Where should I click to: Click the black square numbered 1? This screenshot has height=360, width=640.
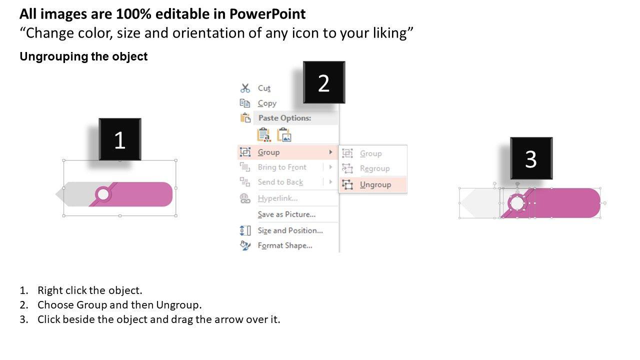coord(120,139)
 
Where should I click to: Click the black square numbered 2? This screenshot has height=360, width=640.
coord(324,82)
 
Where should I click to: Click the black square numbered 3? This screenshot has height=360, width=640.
coord(531,158)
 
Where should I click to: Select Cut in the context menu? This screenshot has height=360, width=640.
coord(264,88)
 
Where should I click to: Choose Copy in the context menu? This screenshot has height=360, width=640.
coord(267,103)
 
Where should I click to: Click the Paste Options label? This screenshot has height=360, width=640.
coord(284,118)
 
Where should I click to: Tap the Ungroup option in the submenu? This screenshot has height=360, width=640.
coord(375,184)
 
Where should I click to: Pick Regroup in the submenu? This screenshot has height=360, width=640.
coord(375,168)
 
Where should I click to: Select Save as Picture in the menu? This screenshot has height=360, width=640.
coord(286,214)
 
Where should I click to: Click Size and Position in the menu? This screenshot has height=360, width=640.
coord(290,230)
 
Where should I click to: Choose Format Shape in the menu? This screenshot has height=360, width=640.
coord(285,245)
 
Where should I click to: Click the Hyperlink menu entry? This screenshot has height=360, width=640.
coord(277,198)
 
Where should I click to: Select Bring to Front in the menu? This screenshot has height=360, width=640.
coord(282,167)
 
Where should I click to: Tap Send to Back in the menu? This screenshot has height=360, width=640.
coord(280,182)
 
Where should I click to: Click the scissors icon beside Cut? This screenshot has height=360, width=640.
coord(245,88)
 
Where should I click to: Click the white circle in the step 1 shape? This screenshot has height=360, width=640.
coord(103,194)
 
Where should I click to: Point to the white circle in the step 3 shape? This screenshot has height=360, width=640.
coord(517,203)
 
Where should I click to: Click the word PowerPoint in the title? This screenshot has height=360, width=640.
coord(267,13)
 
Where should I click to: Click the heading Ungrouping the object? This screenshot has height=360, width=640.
coord(83,56)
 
